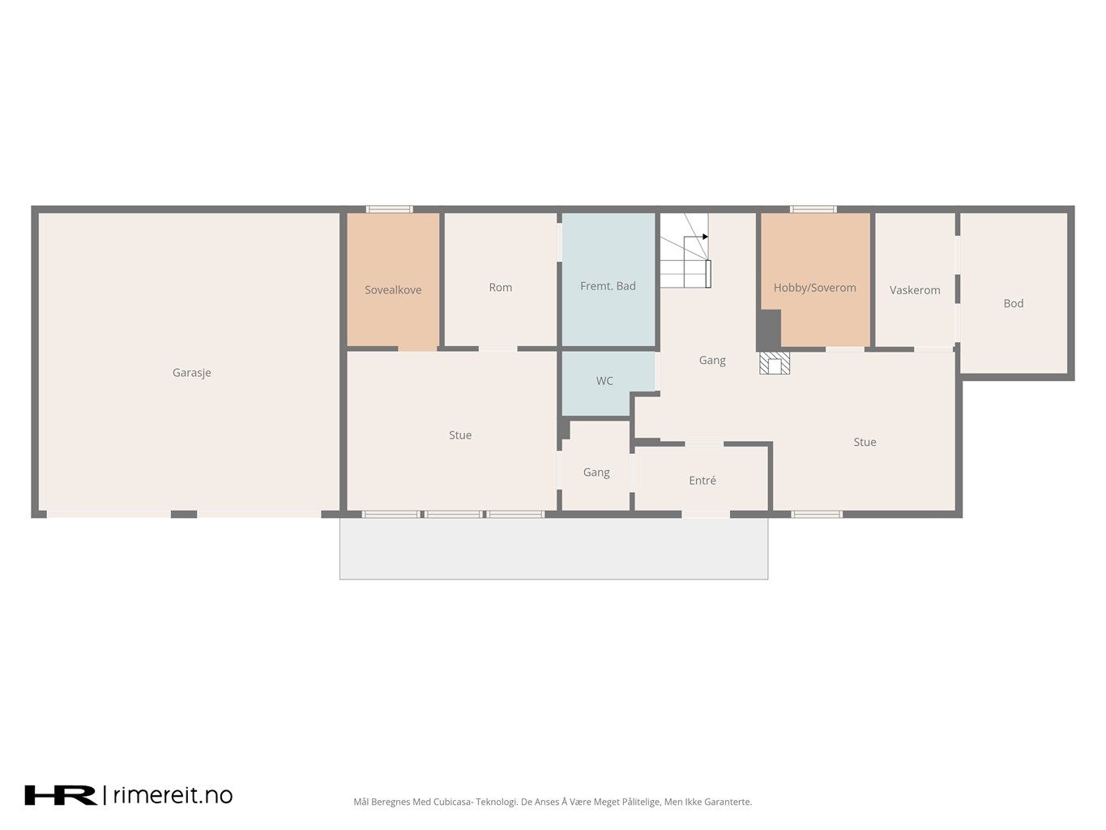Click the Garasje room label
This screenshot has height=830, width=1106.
pos(191,373)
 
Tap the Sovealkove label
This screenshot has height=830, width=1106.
pos(393,289)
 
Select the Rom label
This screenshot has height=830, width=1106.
pos(501,287)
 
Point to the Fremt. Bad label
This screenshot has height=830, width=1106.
pos(608,286)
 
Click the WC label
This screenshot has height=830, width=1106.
pos(604,381)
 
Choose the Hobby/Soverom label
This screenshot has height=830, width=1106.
pos(815,288)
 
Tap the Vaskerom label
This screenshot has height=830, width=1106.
pos(915,290)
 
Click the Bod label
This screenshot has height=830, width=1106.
pos(1014,303)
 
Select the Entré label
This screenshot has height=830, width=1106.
pos(702,481)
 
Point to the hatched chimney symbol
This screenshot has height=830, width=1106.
pos(775,363)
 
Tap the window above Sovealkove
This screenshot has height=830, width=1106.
pos(390,209)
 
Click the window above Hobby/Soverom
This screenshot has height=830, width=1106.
pos(813,209)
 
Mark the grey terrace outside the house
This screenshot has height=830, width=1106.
pos(553,549)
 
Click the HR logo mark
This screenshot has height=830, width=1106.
pos(61,795)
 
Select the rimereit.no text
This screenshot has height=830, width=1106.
pos(173,795)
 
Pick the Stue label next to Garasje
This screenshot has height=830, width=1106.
pos(460,435)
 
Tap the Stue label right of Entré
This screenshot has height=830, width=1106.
pos(865,442)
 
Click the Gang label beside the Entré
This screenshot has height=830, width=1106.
pos(596,473)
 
